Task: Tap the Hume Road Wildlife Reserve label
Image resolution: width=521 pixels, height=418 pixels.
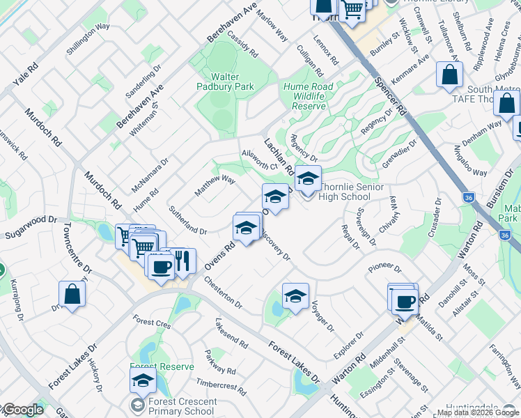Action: (304, 96)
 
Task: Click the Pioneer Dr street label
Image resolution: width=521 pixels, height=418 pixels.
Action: (385, 268)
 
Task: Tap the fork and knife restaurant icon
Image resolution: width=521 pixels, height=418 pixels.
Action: (182, 261)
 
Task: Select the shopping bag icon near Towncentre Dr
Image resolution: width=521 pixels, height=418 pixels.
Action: (72, 294)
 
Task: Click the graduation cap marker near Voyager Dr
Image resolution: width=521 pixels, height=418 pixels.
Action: (295, 296)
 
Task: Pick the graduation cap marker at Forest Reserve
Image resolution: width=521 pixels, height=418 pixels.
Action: (143, 380)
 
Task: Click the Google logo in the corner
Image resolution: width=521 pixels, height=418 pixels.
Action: (23, 410)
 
